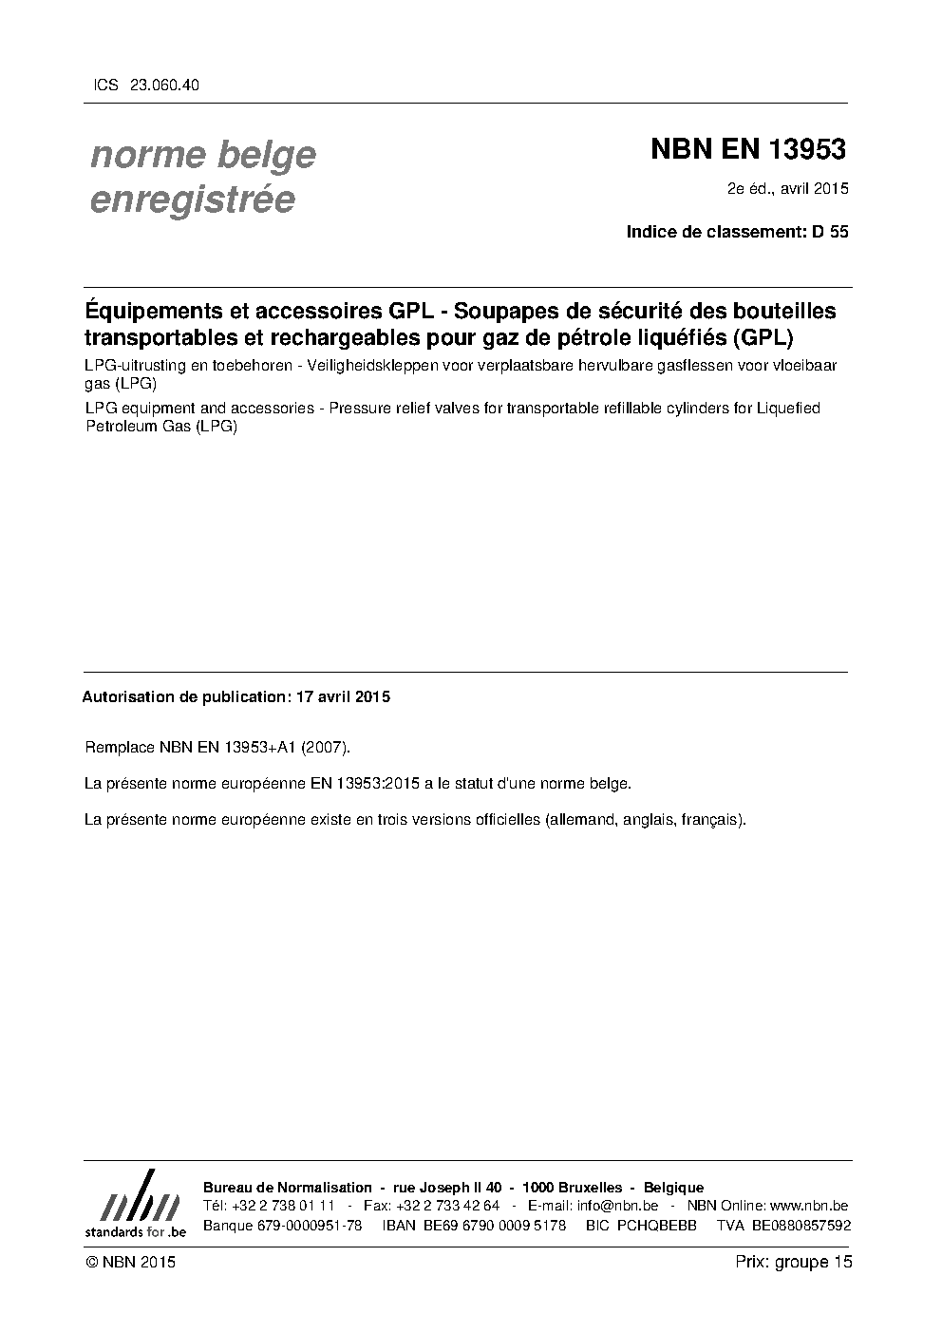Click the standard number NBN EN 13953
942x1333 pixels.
click(747, 150)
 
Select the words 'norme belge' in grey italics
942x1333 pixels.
click(203, 155)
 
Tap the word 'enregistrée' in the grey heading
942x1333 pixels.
click(192, 200)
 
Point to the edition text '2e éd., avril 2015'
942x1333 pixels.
click(787, 188)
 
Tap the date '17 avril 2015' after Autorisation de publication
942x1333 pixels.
click(343, 696)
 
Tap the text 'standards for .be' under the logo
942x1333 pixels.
click(136, 1231)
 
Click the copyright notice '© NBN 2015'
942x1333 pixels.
click(130, 1262)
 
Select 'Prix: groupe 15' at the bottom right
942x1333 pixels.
click(794, 1262)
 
